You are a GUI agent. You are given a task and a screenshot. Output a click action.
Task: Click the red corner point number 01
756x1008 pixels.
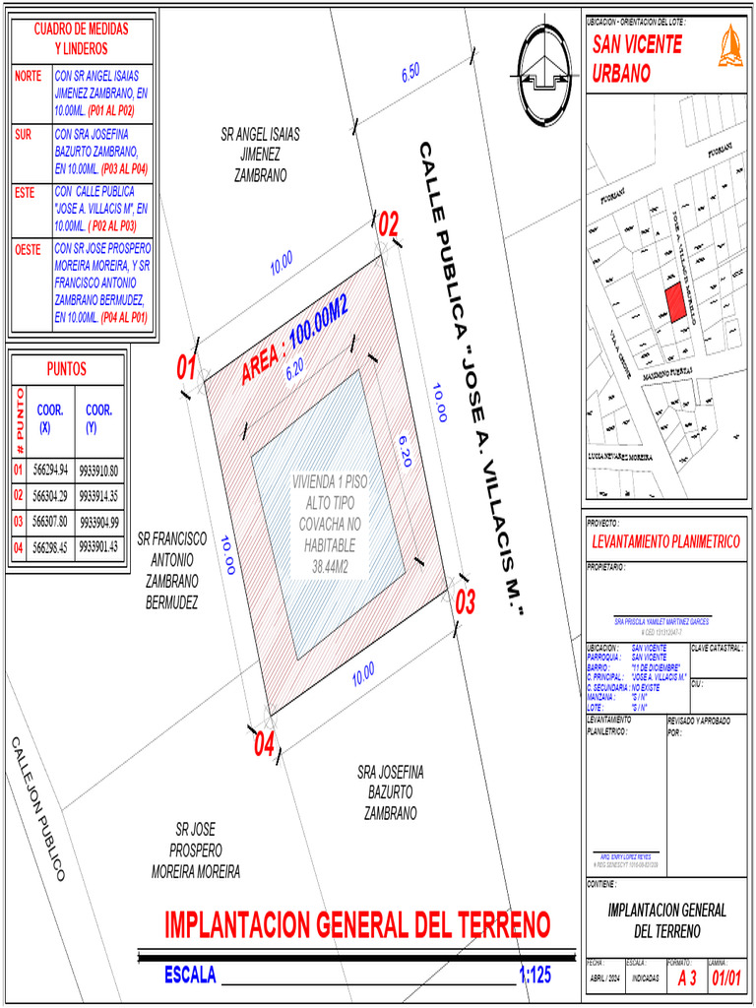click(187, 368)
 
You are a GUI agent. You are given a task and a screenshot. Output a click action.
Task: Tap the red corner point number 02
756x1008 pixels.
click(389, 224)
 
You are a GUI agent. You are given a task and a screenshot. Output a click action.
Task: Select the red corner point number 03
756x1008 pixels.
click(465, 600)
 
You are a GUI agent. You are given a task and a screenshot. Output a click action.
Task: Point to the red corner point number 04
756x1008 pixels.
click(264, 745)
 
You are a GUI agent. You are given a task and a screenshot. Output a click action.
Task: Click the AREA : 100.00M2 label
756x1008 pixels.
click(295, 339)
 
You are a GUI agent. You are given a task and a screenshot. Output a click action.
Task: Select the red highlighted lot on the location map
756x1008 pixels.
click(674, 303)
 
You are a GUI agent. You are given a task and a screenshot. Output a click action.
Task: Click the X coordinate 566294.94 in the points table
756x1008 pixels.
click(50, 471)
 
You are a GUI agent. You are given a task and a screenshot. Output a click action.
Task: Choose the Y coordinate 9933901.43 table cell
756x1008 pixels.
click(98, 546)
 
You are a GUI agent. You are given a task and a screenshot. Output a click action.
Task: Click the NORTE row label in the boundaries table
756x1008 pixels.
click(28, 76)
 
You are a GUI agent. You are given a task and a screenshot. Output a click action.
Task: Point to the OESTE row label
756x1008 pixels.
click(29, 250)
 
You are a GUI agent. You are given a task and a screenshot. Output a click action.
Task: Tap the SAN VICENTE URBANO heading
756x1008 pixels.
click(636, 58)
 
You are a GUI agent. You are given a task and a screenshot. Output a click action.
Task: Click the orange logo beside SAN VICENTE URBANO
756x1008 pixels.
click(729, 48)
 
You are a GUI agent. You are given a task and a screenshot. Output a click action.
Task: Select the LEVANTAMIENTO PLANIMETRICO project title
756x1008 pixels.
click(665, 541)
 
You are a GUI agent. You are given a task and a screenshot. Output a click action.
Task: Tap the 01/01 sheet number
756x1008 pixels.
click(725, 978)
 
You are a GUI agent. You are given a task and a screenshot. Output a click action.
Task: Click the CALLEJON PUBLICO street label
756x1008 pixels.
click(39, 808)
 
